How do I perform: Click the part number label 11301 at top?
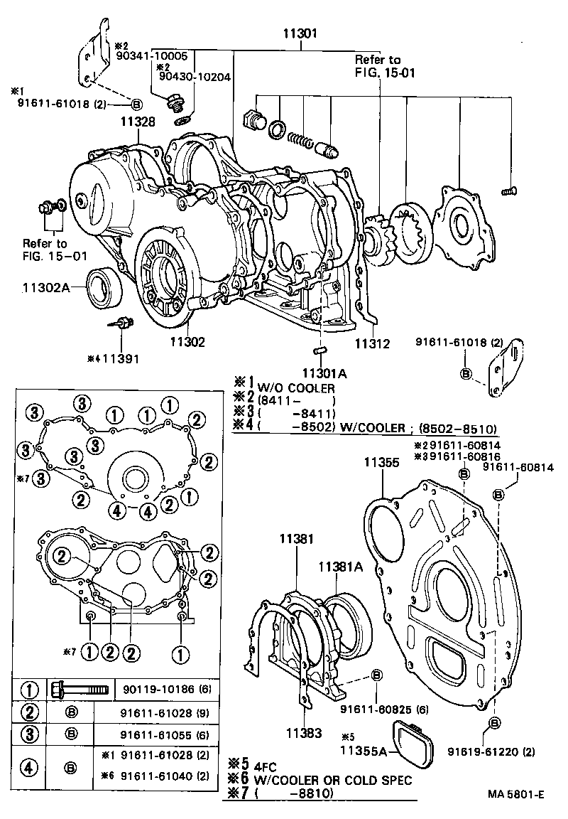(302, 33)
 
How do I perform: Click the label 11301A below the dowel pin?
(324, 372)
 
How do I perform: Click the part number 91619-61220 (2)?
(490, 751)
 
